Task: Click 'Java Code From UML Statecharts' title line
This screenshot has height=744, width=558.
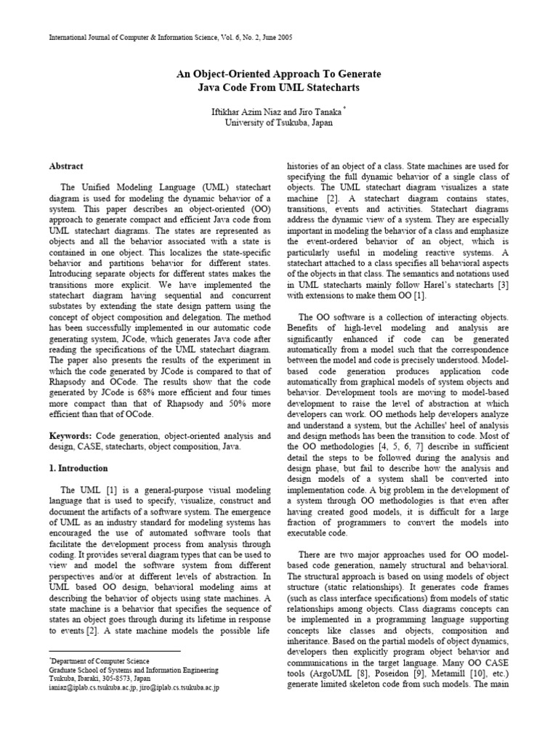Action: coord(279,88)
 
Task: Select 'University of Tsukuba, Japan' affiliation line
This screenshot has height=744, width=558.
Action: coord(279,123)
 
